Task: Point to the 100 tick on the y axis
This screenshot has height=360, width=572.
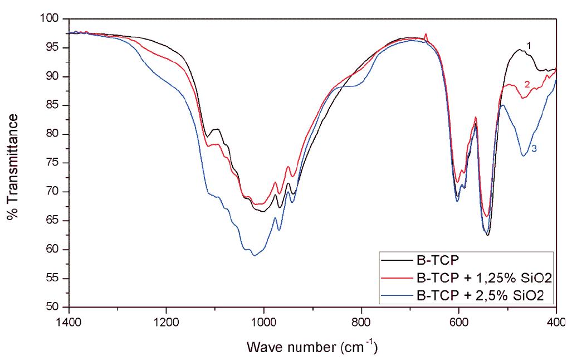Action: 51,19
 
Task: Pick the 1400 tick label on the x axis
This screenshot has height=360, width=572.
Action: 69,322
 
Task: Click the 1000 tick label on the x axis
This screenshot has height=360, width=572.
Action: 264,322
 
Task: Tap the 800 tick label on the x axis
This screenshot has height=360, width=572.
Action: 361,322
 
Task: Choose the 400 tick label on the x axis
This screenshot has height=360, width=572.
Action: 556,322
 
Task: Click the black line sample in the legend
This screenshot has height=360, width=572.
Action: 396,260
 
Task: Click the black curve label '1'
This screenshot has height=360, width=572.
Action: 529,46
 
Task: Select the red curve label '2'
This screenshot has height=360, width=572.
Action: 527,84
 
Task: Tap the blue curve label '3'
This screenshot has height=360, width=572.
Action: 534,149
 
